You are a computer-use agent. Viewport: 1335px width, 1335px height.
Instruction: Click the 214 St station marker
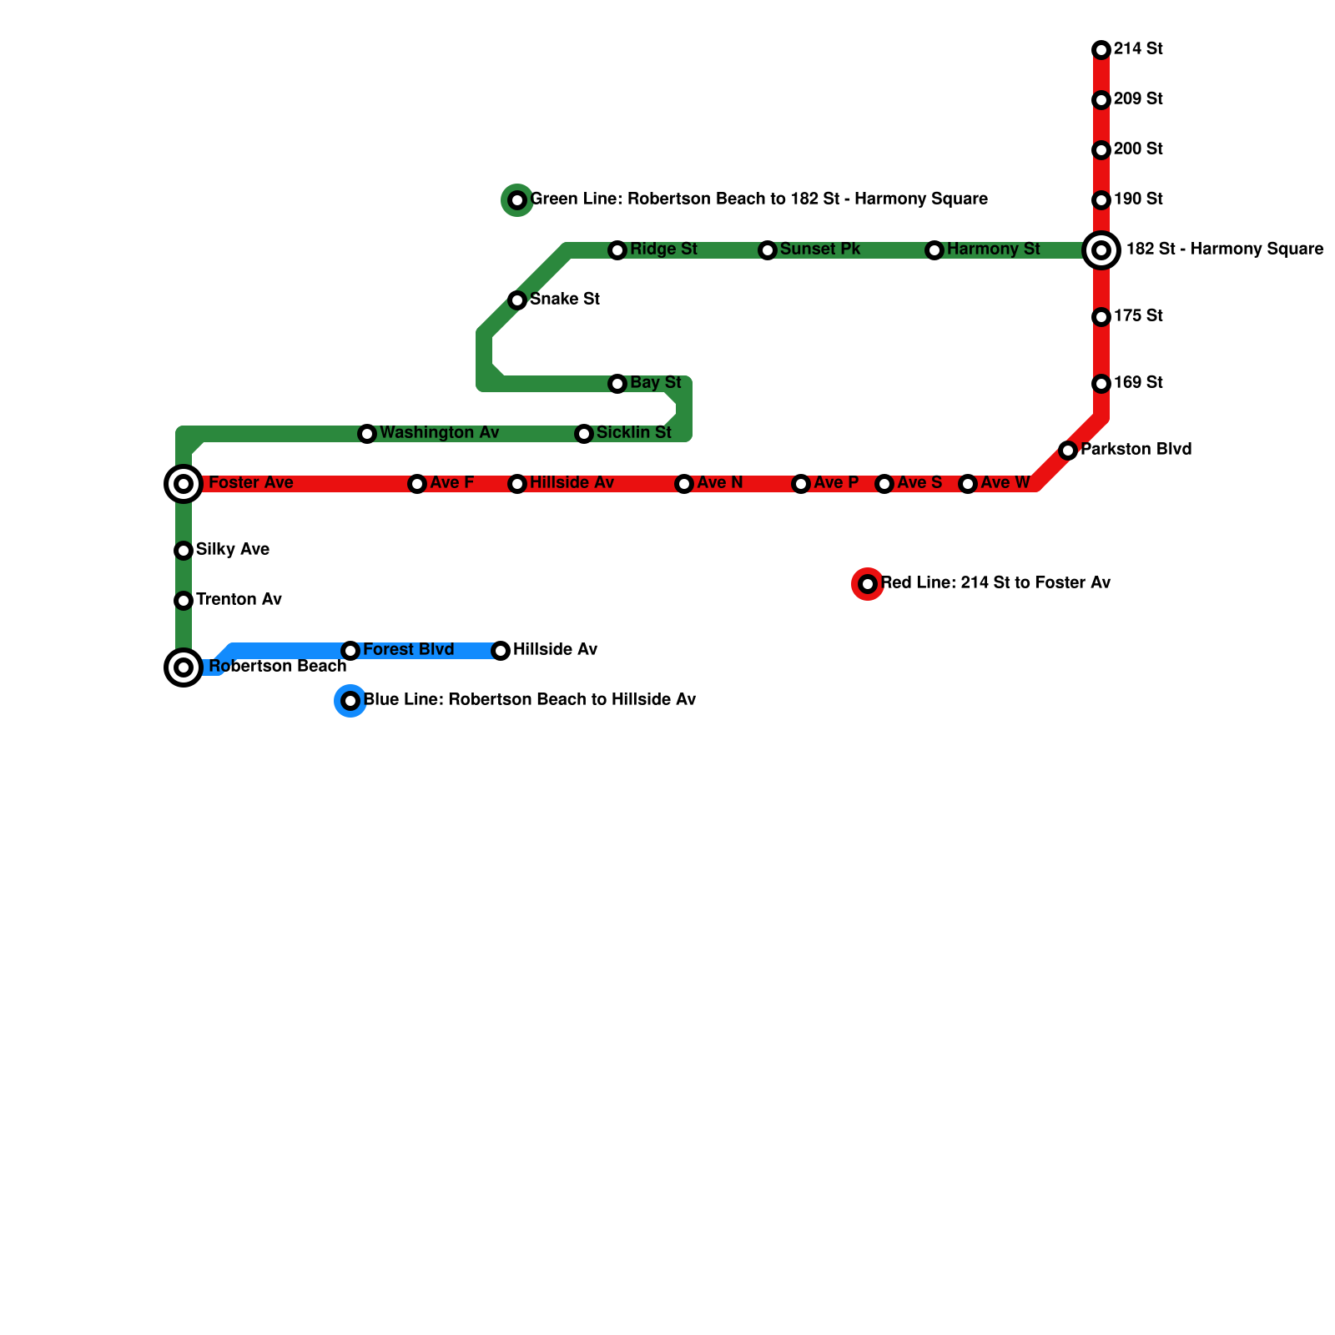coord(1101,50)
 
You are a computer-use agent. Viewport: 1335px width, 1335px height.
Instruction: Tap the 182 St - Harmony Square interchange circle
coord(1101,249)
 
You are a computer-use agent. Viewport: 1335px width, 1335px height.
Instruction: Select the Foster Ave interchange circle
coord(184,484)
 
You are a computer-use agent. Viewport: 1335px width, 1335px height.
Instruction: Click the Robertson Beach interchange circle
coord(184,667)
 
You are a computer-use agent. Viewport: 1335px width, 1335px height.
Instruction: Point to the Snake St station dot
coord(517,300)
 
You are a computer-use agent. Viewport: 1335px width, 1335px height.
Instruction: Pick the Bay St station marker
coord(617,384)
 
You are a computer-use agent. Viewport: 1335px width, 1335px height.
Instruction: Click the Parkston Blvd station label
coord(1136,450)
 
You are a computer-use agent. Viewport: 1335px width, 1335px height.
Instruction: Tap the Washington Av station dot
coord(367,434)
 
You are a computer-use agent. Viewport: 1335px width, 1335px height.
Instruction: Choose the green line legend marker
coord(517,200)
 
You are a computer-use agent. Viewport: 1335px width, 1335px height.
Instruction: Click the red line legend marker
coord(868,584)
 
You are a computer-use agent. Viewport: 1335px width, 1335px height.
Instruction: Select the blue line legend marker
coord(350,701)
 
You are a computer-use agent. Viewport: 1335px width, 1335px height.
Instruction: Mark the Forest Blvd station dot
coord(350,651)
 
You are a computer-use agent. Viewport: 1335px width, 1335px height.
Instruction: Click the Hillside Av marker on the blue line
coord(501,651)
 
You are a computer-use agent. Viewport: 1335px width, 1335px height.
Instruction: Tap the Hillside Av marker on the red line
coord(517,484)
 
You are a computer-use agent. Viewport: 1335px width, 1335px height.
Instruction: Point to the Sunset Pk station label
coord(819,249)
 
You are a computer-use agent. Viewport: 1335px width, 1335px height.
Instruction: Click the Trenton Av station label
coord(239,600)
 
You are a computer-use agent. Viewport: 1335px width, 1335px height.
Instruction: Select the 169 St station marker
coord(1101,384)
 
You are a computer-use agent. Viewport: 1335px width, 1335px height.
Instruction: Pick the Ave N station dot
coord(684,484)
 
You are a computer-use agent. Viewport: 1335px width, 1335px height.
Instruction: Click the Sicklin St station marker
coord(584,434)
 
